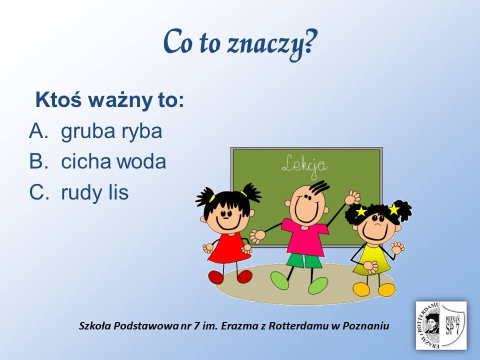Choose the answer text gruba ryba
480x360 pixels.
[x=111, y=132]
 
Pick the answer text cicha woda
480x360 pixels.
[x=113, y=161]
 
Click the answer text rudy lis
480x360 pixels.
[x=95, y=192]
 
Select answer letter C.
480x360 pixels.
[x=39, y=192]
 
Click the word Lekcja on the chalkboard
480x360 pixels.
[x=304, y=167]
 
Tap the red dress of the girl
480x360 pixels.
[x=229, y=248]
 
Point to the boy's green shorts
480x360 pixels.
[x=304, y=261]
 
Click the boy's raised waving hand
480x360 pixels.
[x=352, y=198]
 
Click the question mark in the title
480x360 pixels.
[x=310, y=41]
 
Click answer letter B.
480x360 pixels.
[x=39, y=161]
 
